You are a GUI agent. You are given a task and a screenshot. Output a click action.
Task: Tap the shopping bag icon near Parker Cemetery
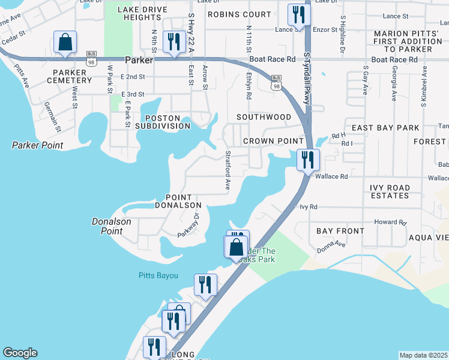click(x=65, y=43)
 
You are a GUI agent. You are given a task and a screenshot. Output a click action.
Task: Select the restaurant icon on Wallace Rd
click(x=308, y=160)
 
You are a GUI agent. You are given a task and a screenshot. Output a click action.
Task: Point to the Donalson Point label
click(x=111, y=221)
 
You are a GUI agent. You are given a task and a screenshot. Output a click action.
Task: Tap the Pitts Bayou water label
click(x=155, y=275)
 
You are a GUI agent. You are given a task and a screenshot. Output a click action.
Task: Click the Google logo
click(x=20, y=353)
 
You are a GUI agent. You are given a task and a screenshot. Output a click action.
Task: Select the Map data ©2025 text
click(x=423, y=355)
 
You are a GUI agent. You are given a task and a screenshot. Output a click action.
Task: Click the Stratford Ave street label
click(x=228, y=171)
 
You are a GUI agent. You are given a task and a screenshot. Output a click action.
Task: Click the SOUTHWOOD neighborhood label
click(x=264, y=117)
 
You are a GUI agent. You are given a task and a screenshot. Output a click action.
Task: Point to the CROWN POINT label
click(x=267, y=141)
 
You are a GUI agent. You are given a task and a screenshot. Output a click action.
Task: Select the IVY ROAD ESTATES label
click(x=390, y=192)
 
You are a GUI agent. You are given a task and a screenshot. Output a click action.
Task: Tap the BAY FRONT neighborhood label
click(x=341, y=231)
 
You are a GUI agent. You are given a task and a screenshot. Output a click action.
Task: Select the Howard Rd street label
click(x=390, y=221)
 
